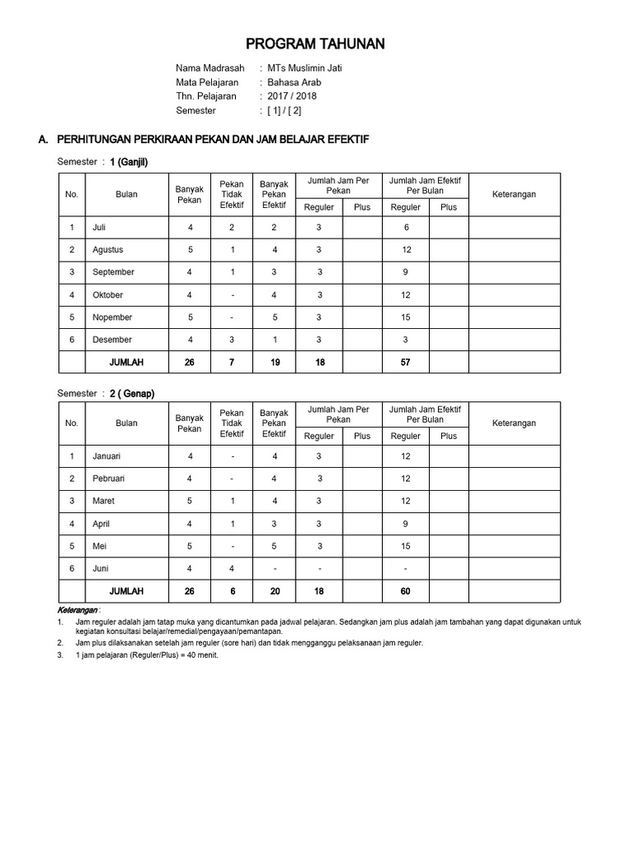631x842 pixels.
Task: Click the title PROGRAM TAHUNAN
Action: point(316,44)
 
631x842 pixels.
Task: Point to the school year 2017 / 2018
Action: point(292,96)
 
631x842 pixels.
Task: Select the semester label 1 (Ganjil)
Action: point(129,162)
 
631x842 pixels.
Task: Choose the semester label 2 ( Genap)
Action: point(132,394)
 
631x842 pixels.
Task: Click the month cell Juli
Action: point(100,227)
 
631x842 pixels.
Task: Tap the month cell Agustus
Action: point(108,250)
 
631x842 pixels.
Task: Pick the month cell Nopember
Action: point(112,317)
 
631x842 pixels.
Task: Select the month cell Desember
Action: point(112,340)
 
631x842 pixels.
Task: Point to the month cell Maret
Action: point(104,501)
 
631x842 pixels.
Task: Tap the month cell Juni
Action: point(100,568)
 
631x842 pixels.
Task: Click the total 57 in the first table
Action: point(405,363)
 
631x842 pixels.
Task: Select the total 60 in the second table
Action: point(405,591)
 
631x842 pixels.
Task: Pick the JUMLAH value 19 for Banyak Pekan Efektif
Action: point(274,363)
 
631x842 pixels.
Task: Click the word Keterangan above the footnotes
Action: point(78,611)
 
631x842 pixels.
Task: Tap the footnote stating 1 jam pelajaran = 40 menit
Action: point(147,655)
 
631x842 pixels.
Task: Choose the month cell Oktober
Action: point(108,295)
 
